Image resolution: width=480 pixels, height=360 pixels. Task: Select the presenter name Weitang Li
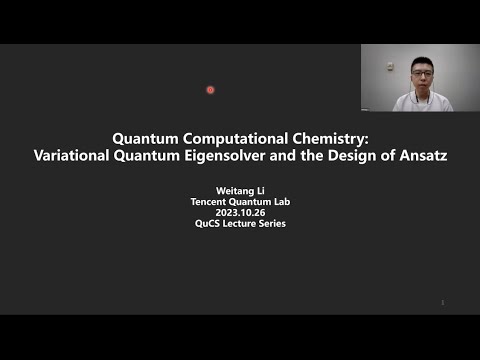pyautogui.click(x=240, y=192)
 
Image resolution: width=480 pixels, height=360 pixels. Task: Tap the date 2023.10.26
pyautogui.click(x=240, y=213)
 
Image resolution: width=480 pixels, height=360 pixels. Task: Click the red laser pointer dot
pyautogui.click(x=210, y=90)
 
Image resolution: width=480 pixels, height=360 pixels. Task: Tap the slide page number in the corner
pyautogui.click(x=442, y=302)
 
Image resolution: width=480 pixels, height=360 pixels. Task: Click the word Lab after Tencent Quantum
pyautogui.click(x=281, y=203)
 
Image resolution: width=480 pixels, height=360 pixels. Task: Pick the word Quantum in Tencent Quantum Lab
pyautogui.click(x=251, y=203)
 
